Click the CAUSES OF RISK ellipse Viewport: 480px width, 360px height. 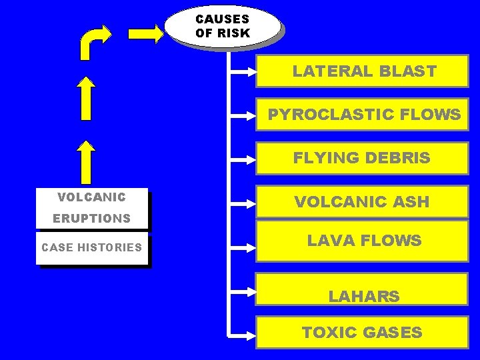pyautogui.click(x=222, y=26)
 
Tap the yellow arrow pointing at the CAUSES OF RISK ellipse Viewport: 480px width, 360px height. pyautogui.click(x=146, y=33)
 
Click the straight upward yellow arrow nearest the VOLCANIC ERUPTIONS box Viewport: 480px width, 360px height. pyautogui.click(x=86, y=161)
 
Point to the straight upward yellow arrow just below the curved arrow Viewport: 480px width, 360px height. pyautogui.click(x=86, y=99)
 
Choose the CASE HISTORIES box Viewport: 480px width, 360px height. pyautogui.click(x=92, y=248)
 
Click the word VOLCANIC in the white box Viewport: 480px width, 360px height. pyautogui.click(x=91, y=197)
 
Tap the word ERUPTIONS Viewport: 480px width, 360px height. pyautogui.click(x=91, y=219)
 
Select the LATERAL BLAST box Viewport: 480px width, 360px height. pyautogui.click(x=363, y=72)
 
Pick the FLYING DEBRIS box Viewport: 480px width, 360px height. pyautogui.click(x=363, y=159)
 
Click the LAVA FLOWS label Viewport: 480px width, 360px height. pyautogui.click(x=363, y=241)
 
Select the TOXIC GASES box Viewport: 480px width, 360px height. pyautogui.click(x=363, y=332)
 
